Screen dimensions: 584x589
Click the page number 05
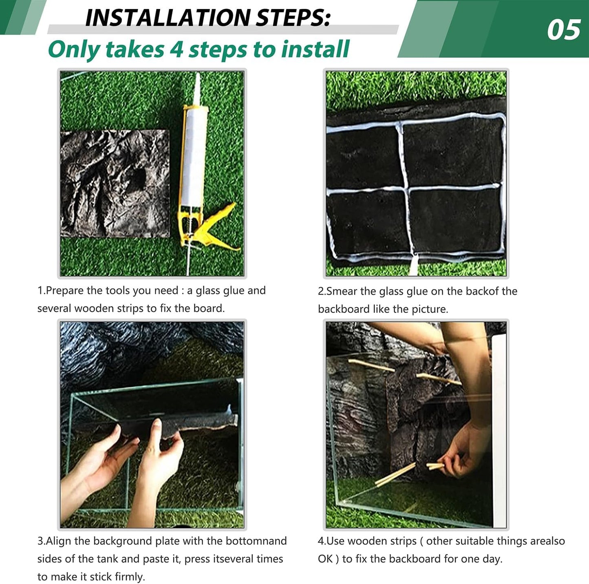pos(563,30)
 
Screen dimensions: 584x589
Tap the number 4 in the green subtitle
pos(176,49)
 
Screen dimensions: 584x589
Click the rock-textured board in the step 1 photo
pos(115,184)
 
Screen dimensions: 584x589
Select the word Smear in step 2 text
pos(342,291)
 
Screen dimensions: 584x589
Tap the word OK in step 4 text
pos(325,559)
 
